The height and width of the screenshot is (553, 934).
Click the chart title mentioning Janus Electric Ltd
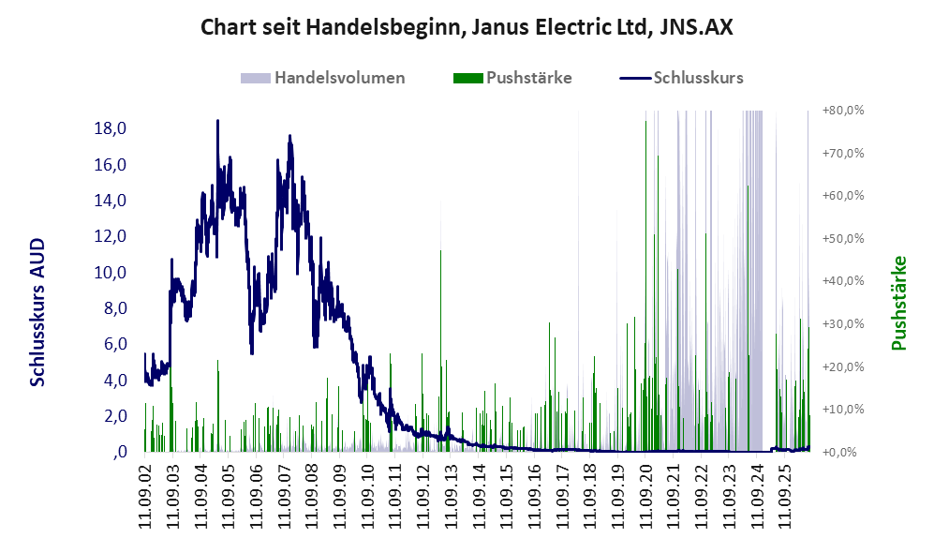[x=467, y=27]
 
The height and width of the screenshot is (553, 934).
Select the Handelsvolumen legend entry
[x=323, y=78]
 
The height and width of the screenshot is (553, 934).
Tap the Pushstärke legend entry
[x=512, y=78]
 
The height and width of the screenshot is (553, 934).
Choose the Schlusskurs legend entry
[x=681, y=78]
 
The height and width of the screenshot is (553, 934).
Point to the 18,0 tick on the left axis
[x=111, y=128]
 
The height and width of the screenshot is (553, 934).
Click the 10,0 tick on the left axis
[x=111, y=273]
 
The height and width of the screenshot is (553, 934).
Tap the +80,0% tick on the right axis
[x=843, y=111]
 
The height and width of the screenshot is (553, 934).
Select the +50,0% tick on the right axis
[x=843, y=239]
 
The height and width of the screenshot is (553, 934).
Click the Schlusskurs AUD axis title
[x=37, y=312]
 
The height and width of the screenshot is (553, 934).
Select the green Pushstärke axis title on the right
[x=898, y=304]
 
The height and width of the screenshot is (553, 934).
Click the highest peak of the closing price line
[x=217, y=121]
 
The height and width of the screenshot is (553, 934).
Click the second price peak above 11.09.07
[x=290, y=137]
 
